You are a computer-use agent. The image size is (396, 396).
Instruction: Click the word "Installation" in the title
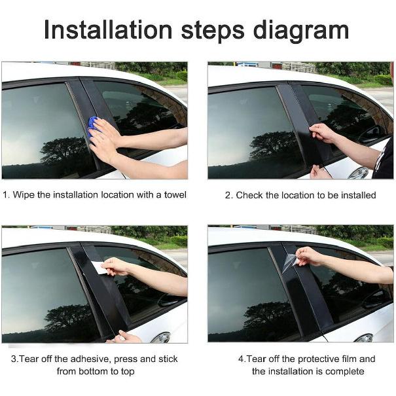point(108,30)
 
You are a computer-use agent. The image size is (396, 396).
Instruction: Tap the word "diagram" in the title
point(301,31)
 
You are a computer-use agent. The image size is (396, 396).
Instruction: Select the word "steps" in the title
point(213,32)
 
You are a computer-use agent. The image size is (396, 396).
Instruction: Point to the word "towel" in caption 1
point(175,194)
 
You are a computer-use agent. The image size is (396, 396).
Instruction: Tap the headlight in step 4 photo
point(364,338)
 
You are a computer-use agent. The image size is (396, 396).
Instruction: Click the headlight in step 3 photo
point(162,338)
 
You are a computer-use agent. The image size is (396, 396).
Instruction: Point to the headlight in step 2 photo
point(359,173)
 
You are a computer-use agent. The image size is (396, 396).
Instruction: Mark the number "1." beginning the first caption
point(7,195)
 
